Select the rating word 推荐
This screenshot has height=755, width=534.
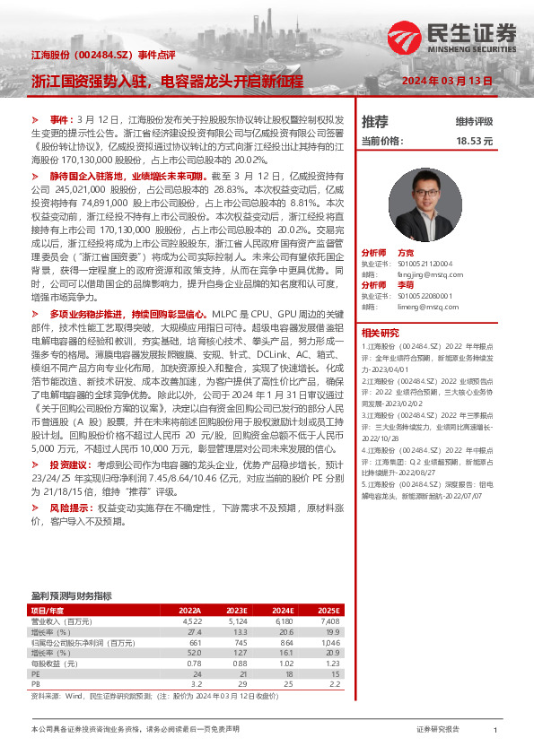tap(374, 121)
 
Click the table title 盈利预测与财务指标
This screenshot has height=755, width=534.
tap(71, 595)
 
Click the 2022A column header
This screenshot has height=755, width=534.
tap(189, 609)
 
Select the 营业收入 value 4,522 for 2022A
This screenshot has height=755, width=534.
tap(191, 620)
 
